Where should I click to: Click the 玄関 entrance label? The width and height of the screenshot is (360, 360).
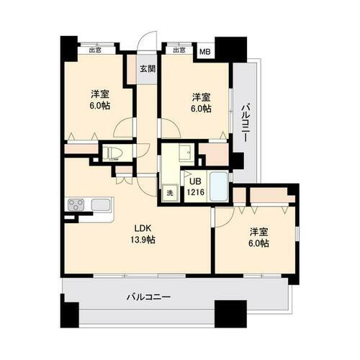click(148, 69)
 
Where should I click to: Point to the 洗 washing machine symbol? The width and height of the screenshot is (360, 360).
click(171, 192)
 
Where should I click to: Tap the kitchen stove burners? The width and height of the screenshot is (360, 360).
click(77, 205)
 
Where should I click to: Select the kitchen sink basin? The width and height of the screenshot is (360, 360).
click(101, 205)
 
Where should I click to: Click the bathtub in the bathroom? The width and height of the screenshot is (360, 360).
click(219, 186)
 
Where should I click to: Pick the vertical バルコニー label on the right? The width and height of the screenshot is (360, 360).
click(245, 122)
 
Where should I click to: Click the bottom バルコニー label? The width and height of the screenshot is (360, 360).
click(148, 296)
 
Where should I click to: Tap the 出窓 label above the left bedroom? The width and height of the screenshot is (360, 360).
click(94, 50)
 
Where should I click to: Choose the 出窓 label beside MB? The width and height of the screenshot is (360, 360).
click(179, 50)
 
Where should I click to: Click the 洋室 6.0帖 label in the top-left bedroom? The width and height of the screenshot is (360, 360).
click(99, 101)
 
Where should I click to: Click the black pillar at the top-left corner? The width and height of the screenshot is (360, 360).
click(68, 47)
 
